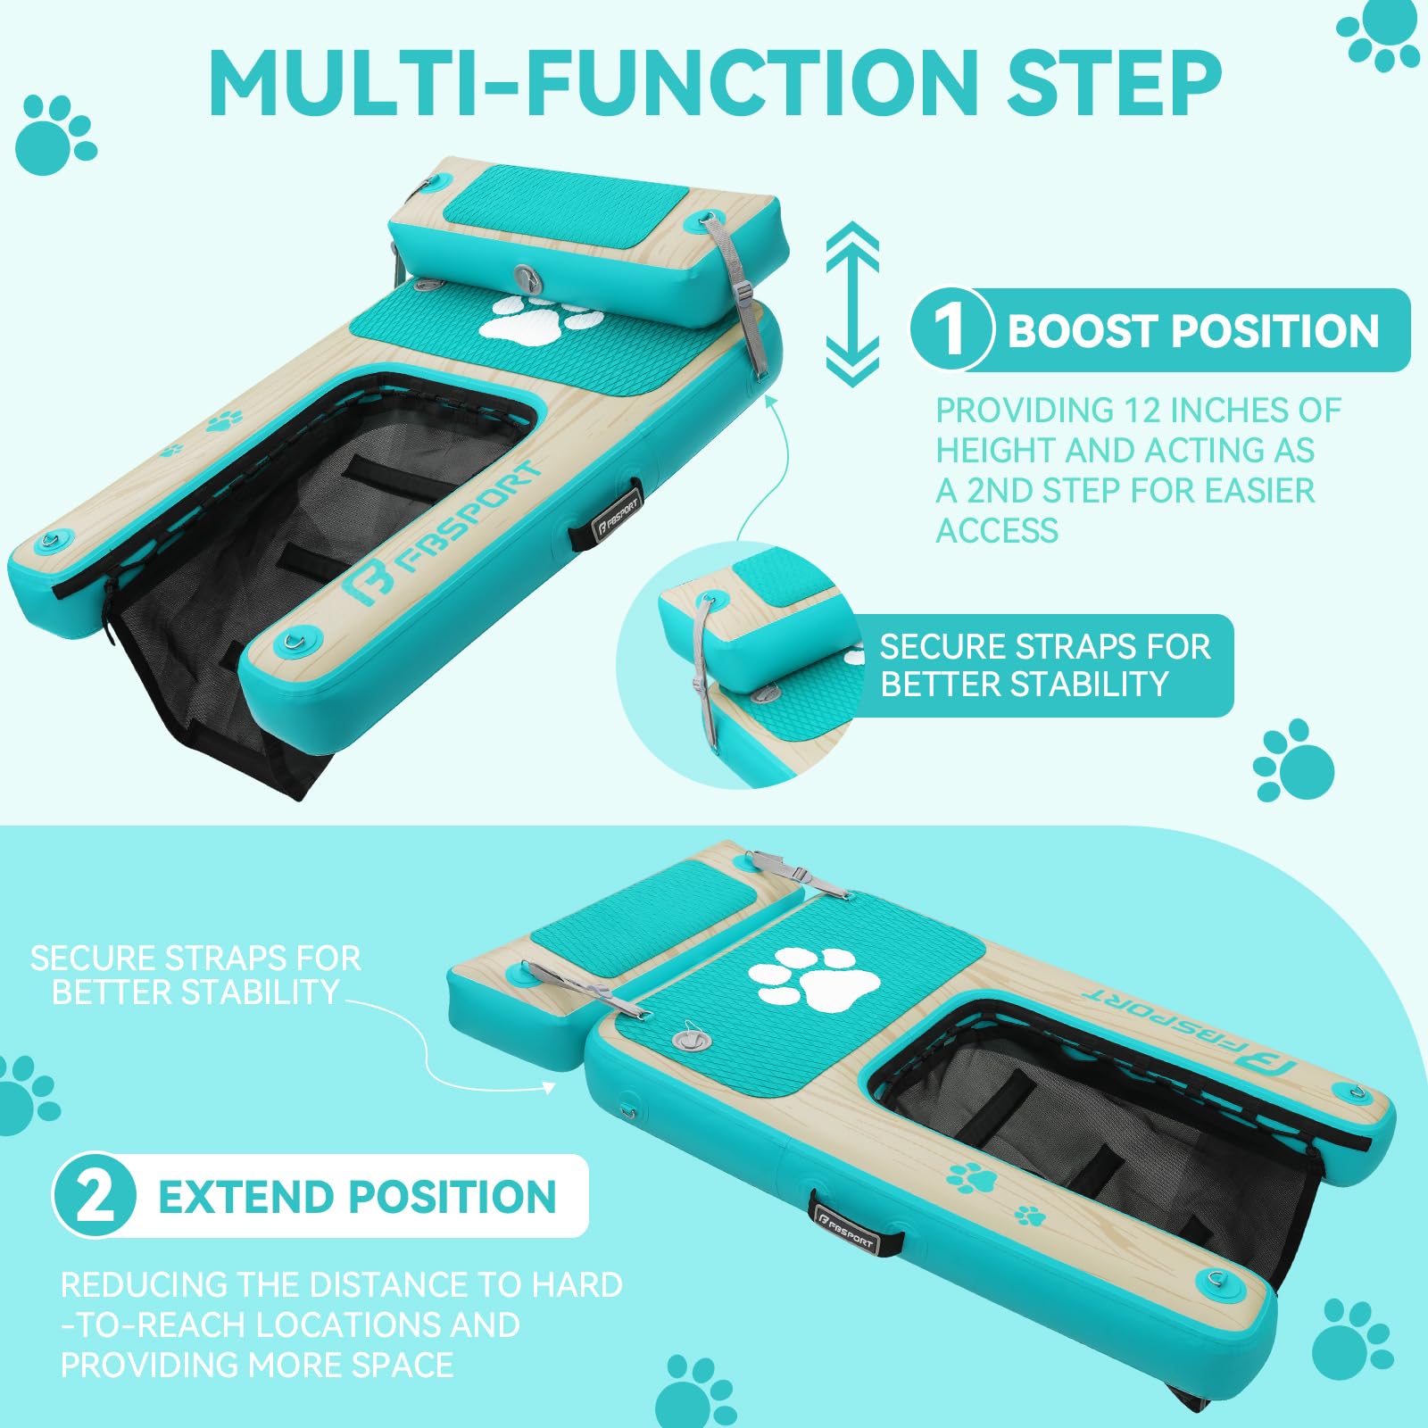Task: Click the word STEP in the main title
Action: tap(1114, 81)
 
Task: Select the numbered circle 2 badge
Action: tap(95, 1196)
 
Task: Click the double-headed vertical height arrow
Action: tap(852, 303)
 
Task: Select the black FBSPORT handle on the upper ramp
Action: tap(617, 514)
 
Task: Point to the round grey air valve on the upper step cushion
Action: tap(527, 277)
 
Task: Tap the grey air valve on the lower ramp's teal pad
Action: tap(687, 1042)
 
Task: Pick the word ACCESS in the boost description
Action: tap(997, 531)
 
